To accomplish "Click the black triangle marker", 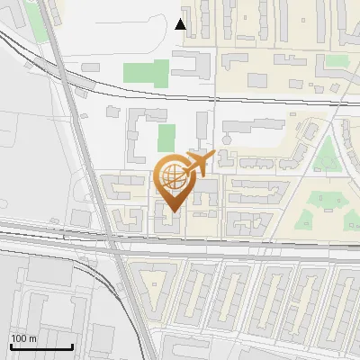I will coord(181,24).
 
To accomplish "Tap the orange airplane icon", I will coord(198,164).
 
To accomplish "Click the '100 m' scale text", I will coord(22,338).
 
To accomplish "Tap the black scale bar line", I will coord(40,347).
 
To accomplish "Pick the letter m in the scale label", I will coord(31,338).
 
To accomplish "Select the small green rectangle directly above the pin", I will coord(166,138).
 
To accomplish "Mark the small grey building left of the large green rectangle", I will coord(90,67).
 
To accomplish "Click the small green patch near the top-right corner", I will coord(337,60).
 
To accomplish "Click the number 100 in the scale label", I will coord(19,338).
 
